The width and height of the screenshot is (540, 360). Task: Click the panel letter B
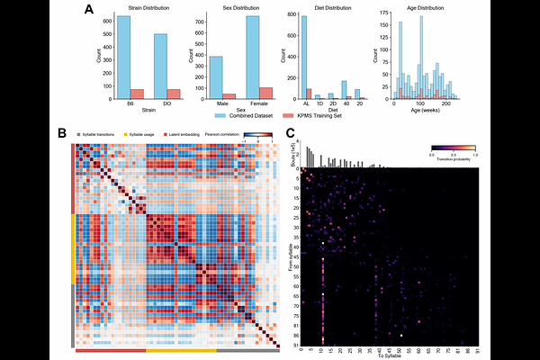[x=62, y=132]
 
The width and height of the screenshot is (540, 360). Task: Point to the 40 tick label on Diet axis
[x=344, y=103]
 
